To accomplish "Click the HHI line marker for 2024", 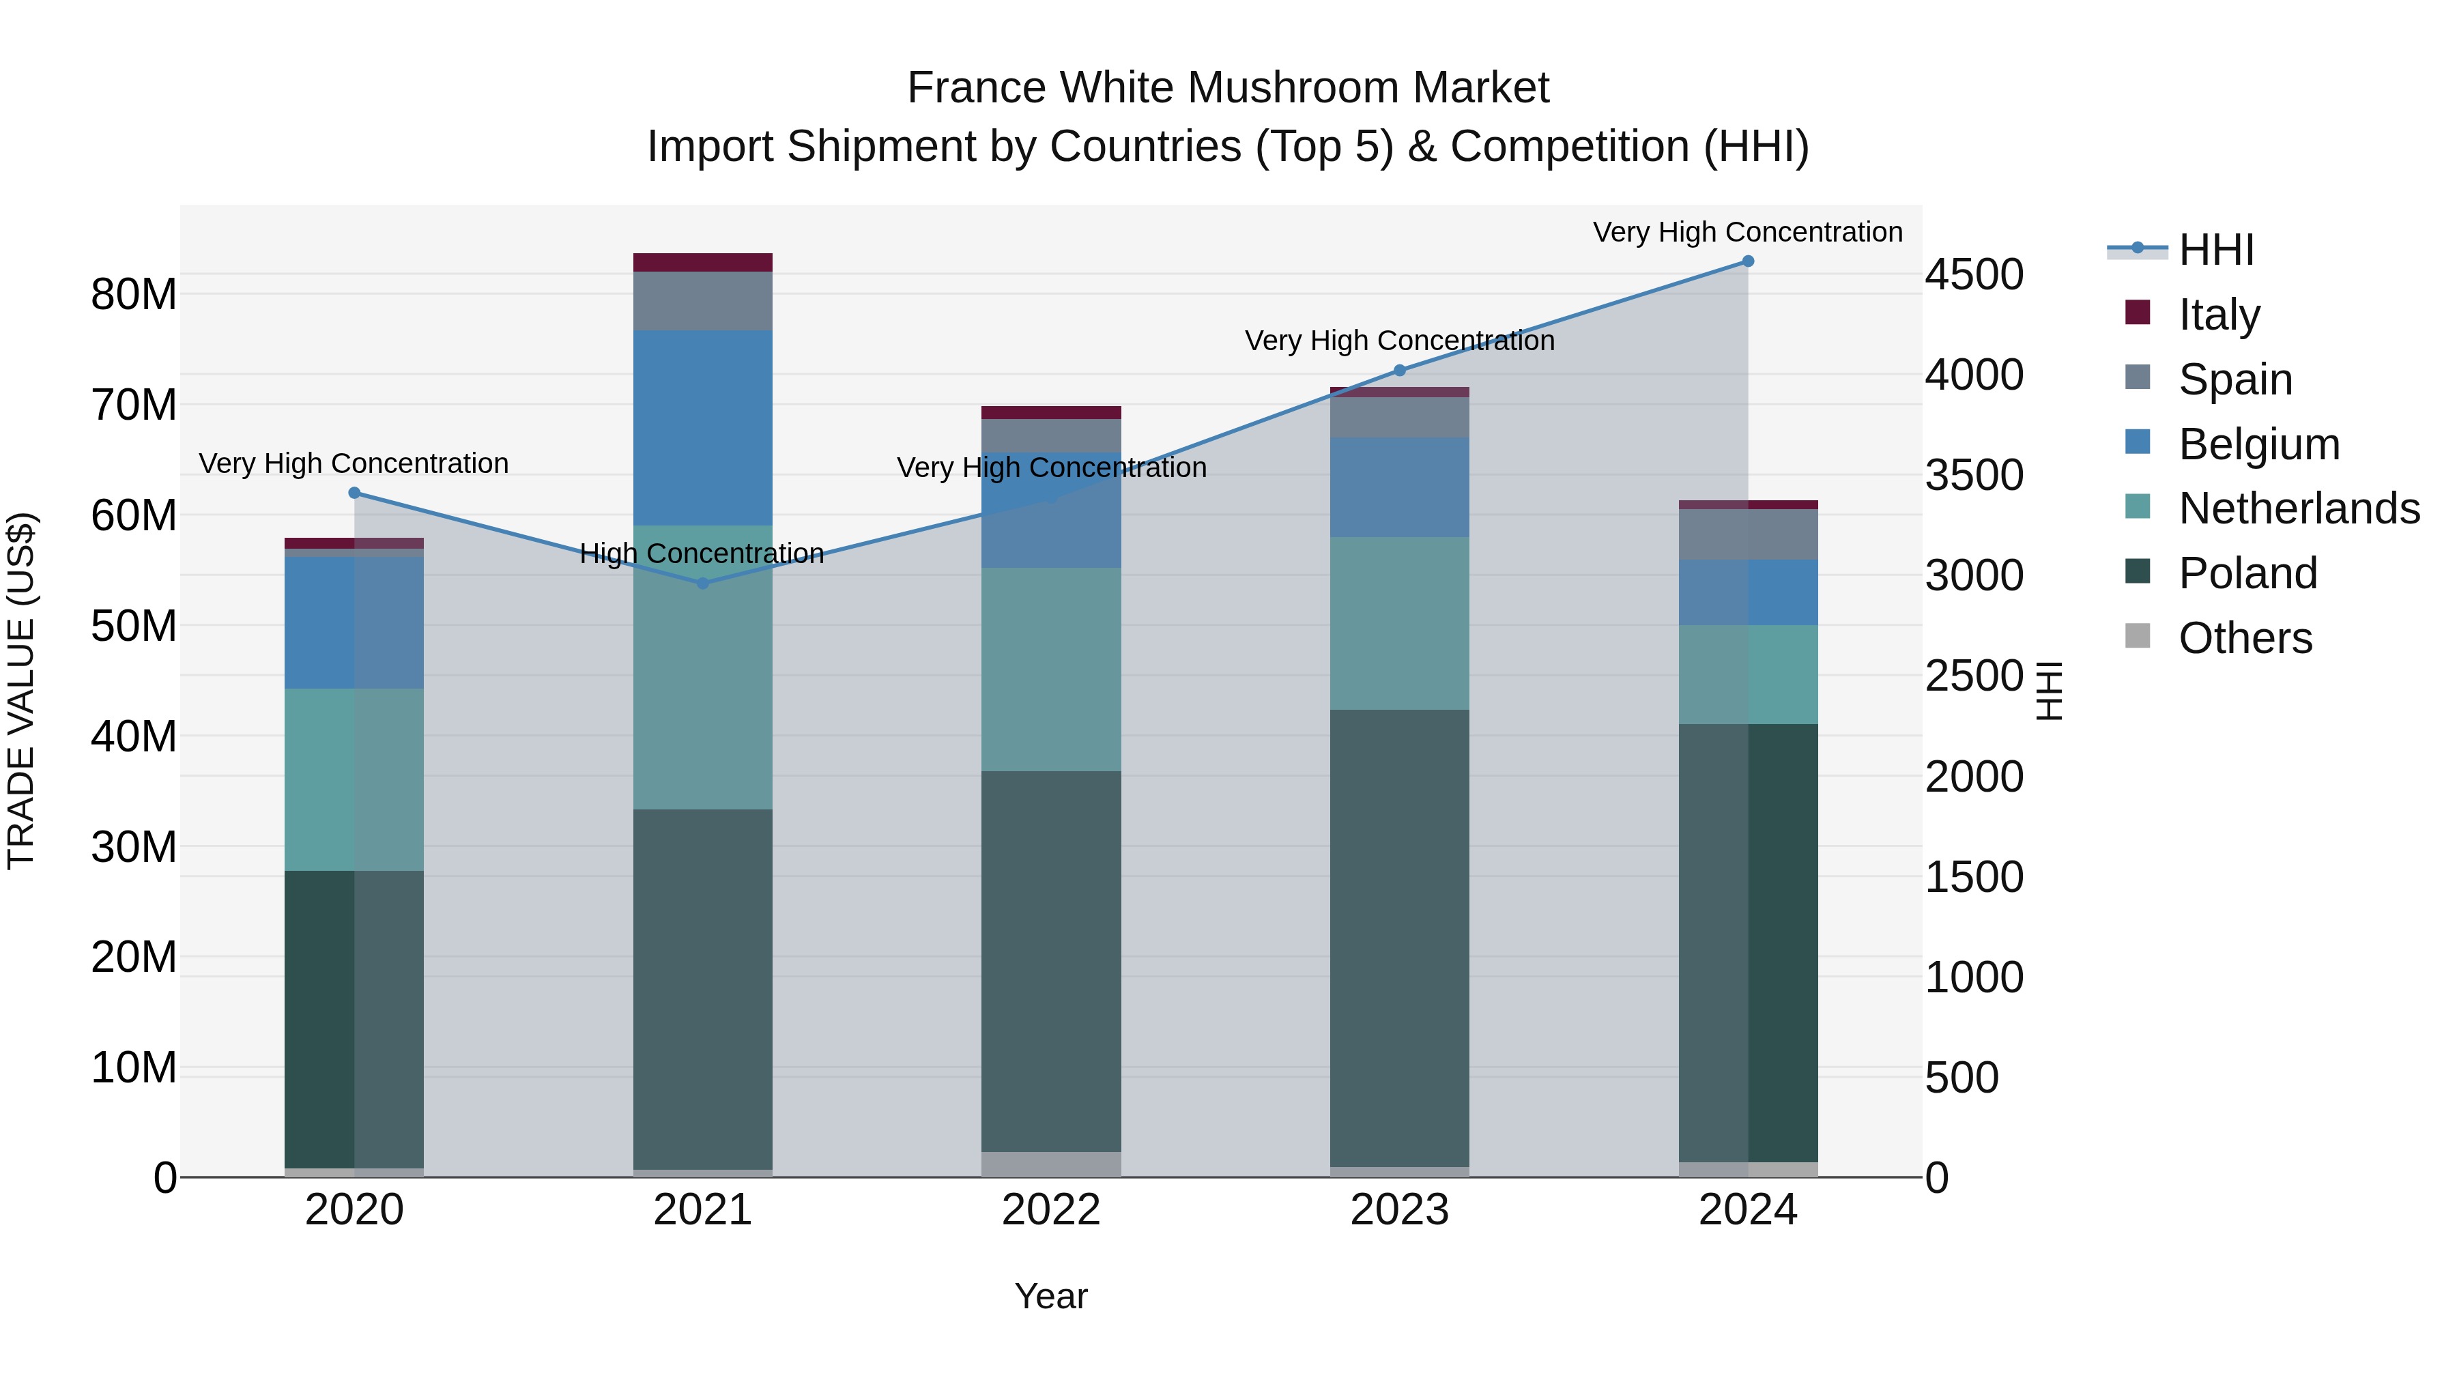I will (x=1747, y=261).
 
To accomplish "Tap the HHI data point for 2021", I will (x=703, y=583).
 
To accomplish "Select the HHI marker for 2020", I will (x=355, y=493).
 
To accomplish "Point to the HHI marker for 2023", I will (x=1399, y=370).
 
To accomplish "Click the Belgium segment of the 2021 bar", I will (x=703, y=427).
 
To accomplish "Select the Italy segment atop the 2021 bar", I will (x=703, y=262).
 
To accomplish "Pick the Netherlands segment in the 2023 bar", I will (x=1399, y=623).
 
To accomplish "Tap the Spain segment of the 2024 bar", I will (x=1747, y=534).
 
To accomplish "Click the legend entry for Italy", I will (x=2219, y=314).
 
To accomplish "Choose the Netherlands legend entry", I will (x=2299, y=508).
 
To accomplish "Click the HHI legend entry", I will (x=2215, y=250).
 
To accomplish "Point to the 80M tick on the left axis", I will (x=134, y=295).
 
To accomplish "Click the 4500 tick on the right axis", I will (x=1973, y=274).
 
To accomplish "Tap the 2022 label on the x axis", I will (x=1051, y=1210).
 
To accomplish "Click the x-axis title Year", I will (x=1051, y=1296).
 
